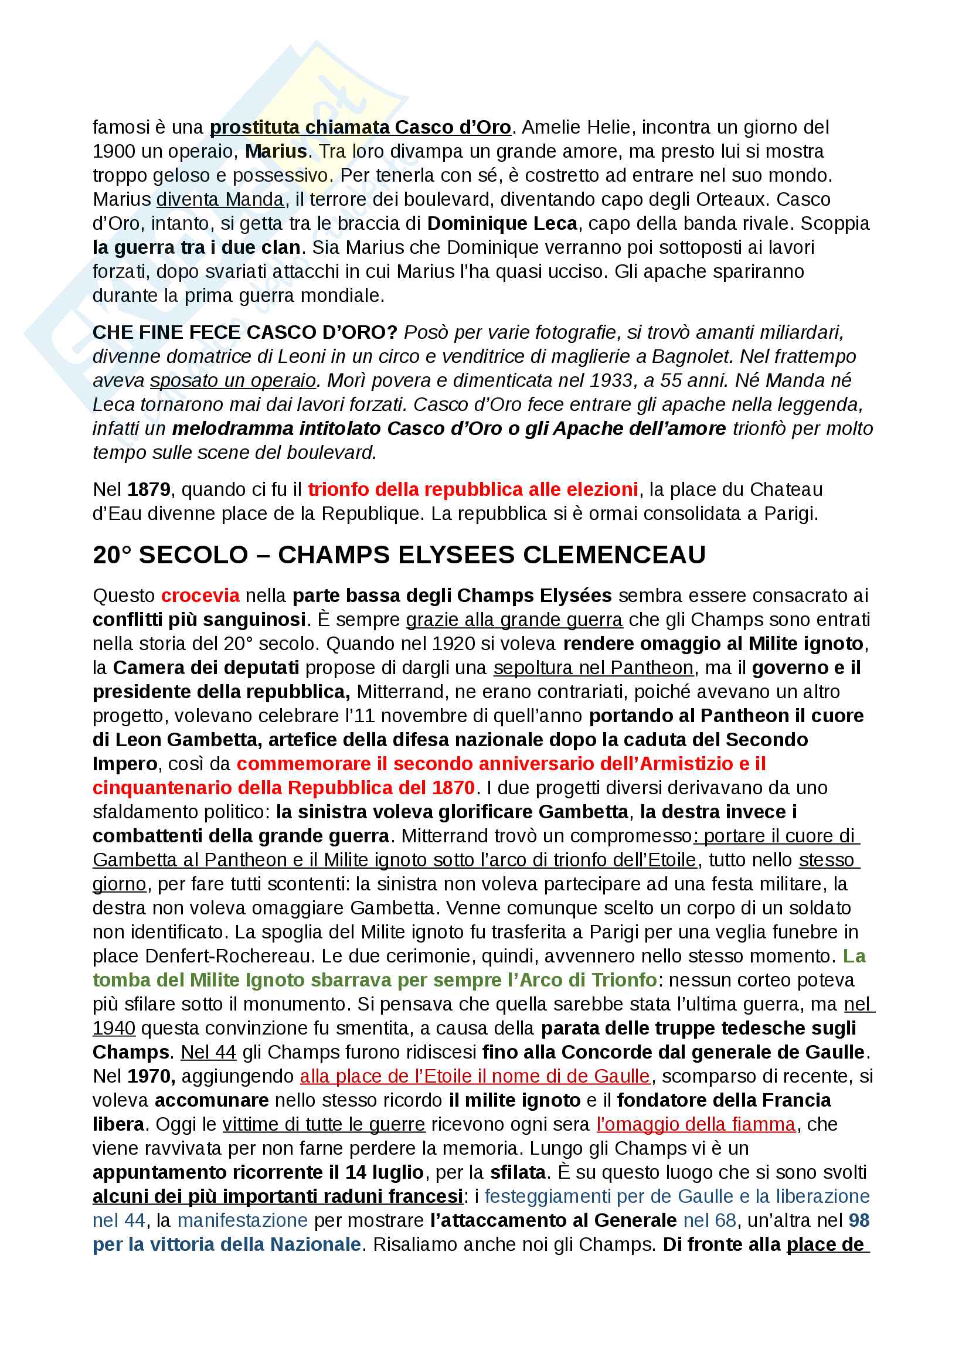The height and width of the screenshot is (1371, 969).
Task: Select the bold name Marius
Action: point(276,152)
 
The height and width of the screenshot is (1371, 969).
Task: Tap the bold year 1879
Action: point(149,489)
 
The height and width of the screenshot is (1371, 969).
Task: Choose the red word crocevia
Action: point(200,596)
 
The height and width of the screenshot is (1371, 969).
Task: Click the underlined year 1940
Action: point(114,1028)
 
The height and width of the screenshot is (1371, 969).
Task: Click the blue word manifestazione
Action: point(243,1220)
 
